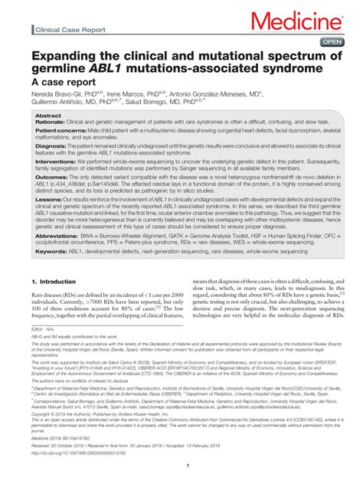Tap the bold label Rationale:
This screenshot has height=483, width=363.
pos(54,122)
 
